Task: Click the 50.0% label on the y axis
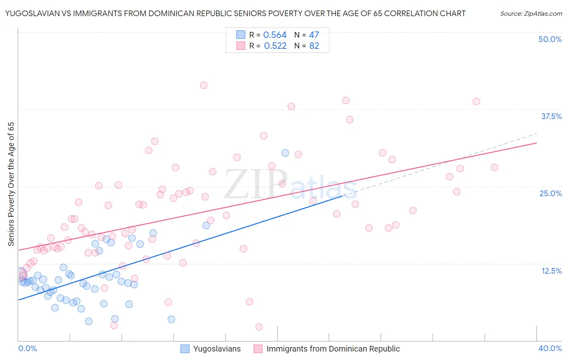[550, 39]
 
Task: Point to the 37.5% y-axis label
[551, 116]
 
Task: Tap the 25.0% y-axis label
[550, 193]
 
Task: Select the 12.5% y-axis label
[551, 271]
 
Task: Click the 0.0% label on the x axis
[27, 348]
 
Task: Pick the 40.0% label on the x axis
[550, 348]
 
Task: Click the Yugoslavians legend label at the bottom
[217, 349]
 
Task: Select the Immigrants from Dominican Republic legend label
[333, 349]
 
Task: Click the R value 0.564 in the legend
[275, 35]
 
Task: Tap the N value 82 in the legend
[314, 46]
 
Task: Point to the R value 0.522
[275, 46]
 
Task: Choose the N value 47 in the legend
[314, 35]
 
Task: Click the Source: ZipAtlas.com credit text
[531, 14]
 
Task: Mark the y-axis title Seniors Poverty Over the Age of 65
[11, 184]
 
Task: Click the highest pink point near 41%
[204, 85]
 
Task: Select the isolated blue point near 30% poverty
[285, 153]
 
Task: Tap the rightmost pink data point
[494, 167]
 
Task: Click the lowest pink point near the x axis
[259, 327]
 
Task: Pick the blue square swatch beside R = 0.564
[241, 35]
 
